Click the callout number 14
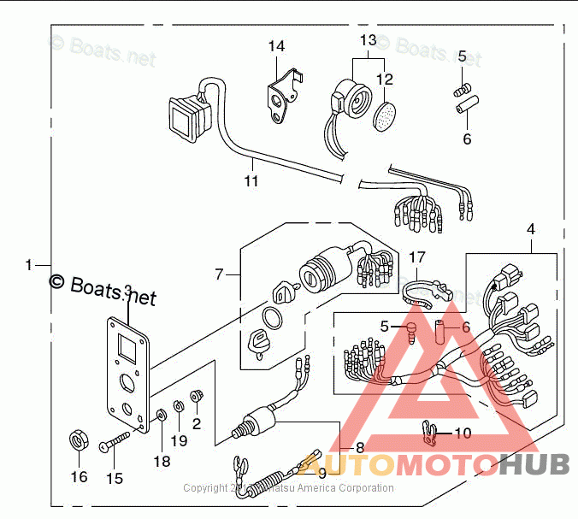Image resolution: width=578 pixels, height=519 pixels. pos(276,46)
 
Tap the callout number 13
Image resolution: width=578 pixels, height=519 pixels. pos(368,40)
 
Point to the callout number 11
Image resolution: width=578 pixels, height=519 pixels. pos(251,181)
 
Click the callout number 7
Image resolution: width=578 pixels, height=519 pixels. pos(220,274)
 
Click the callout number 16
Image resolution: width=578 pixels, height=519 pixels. pos(79,477)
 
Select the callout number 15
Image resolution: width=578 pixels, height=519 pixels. pos(115,479)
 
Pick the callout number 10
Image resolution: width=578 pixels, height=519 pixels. pos(462,433)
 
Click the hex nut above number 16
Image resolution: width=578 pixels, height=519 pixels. pos(79,441)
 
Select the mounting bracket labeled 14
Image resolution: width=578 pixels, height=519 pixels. pos(282,97)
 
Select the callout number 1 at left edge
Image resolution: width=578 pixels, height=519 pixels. pos(28,265)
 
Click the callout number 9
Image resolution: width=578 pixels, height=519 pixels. pos(321,472)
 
